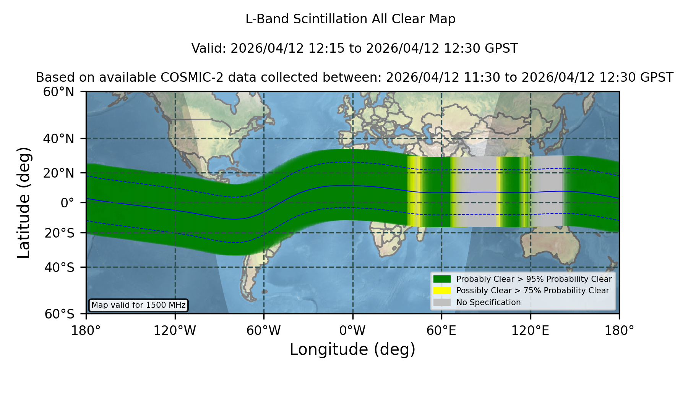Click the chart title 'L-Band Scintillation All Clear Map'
(350, 19)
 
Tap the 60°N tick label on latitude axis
(59, 92)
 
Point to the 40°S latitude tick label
(59, 267)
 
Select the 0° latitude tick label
(68, 203)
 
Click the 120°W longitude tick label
(175, 330)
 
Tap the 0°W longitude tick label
(352, 330)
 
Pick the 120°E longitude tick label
(530, 330)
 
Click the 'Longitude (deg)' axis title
(352, 349)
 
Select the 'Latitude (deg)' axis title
(24, 202)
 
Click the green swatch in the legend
(442, 279)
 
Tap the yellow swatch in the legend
(442, 291)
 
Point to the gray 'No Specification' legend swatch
(442, 302)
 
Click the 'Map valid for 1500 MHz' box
(138, 305)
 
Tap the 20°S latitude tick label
(59, 233)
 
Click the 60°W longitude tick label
(263, 330)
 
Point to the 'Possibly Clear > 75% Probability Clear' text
(532, 291)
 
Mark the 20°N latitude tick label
(59, 173)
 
